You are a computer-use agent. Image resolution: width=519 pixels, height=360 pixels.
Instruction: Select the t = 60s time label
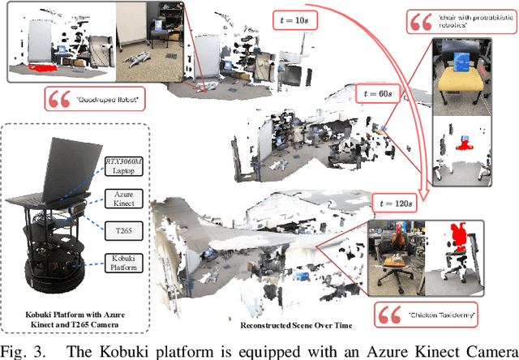point(395,94)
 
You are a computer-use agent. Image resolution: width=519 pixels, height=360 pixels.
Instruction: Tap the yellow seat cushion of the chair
point(464,79)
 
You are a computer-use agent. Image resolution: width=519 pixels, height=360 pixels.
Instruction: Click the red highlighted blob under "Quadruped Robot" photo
point(40,67)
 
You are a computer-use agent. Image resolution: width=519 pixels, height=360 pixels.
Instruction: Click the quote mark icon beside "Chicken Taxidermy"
point(386,314)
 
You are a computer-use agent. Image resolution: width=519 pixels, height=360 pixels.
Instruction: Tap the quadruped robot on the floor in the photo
point(137,59)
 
